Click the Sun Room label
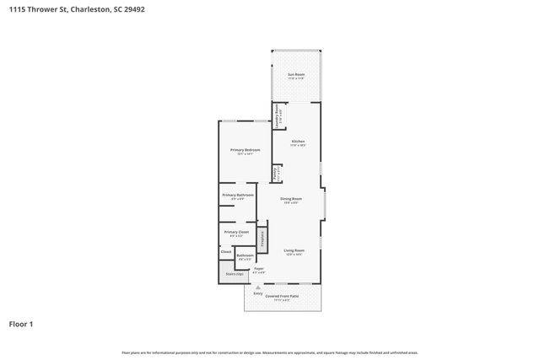tap(295, 75)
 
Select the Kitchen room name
tap(298, 141)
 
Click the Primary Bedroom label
tap(245, 149)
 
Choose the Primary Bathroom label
tap(238, 195)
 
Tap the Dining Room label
tap(292, 198)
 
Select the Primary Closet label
tap(236, 232)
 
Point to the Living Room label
tap(294, 250)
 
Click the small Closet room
tap(226, 251)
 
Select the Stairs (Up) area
tap(233, 274)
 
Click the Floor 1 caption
tap(21, 324)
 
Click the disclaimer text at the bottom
tap(269, 352)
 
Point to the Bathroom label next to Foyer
tap(245, 255)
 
